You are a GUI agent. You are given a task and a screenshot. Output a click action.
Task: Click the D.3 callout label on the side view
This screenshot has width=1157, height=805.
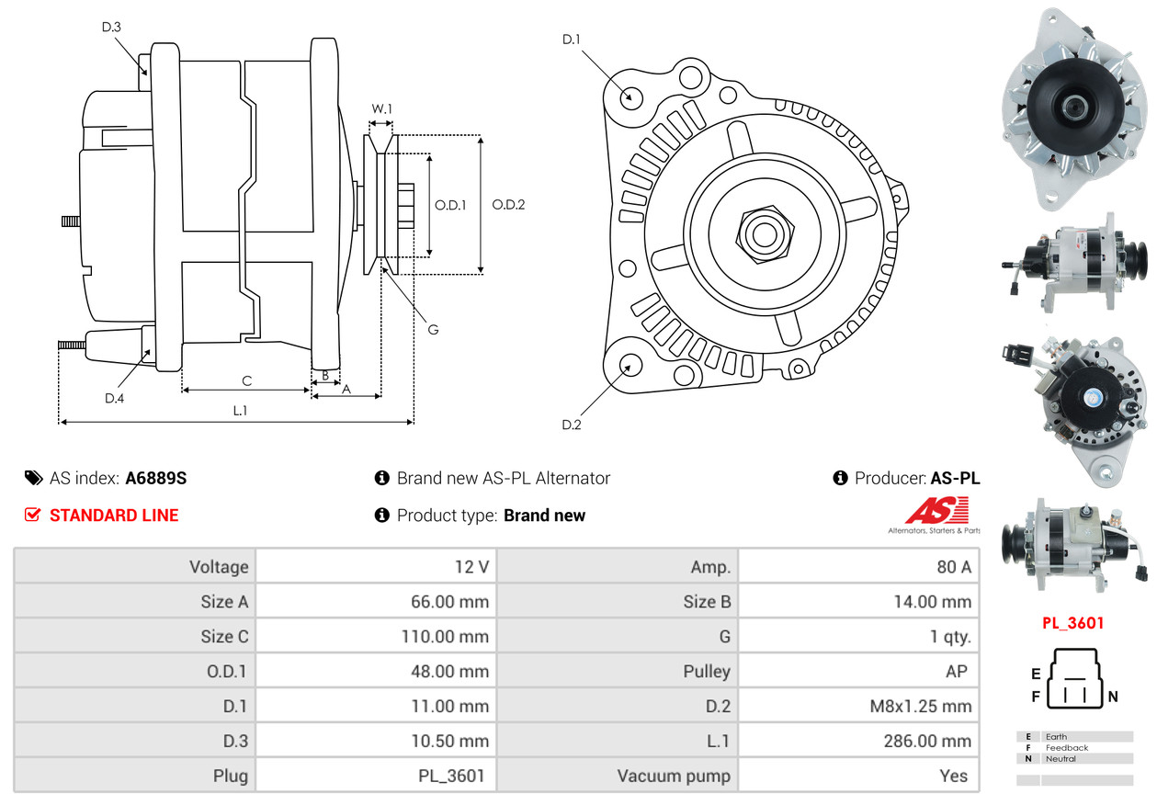coord(111,27)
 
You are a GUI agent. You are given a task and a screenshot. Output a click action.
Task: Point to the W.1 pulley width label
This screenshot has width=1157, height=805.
coord(381,109)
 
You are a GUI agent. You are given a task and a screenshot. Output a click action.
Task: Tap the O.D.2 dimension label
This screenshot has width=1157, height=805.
coord(508,205)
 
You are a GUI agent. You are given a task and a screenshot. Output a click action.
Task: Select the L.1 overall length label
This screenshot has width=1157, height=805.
coord(240,411)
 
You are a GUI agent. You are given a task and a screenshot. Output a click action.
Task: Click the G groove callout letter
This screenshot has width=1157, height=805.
coord(433,329)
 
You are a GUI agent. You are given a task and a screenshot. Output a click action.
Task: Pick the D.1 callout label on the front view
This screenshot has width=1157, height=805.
coord(572,40)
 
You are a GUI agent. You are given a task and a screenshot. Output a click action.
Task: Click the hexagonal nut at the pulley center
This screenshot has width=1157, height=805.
coord(765,234)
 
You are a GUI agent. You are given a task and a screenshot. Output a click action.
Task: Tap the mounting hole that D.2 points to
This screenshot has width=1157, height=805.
coord(630,365)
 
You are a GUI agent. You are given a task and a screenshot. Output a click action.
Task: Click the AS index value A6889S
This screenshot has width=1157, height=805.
coord(156,478)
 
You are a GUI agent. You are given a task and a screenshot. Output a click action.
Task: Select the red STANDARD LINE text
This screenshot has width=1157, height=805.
coord(114,516)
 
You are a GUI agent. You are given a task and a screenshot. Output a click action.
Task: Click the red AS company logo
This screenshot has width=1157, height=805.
coord(937,510)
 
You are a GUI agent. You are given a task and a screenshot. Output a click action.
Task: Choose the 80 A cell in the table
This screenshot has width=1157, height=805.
coord(954,567)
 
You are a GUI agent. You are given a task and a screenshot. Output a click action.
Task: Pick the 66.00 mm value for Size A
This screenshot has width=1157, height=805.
coord(450,602)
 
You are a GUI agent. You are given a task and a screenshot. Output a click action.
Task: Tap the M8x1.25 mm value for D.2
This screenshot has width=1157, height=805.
coord(921,706)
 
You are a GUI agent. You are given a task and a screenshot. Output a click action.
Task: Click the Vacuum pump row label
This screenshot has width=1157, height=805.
coord(674,776)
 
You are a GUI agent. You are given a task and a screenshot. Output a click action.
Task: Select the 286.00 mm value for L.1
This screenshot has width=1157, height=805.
coord(927,741)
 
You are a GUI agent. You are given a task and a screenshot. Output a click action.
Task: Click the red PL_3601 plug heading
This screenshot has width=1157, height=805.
coord(1072,623)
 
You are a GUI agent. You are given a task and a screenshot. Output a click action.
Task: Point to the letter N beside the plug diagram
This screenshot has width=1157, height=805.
coord(1113,697)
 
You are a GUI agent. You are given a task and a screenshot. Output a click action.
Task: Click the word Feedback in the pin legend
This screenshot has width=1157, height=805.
coord(1067,748)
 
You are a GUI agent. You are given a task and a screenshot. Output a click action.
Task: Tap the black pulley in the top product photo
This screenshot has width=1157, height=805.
coord(1075,107)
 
